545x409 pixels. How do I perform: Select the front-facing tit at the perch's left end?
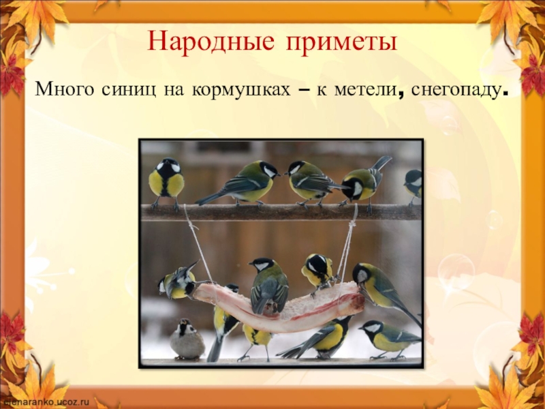pos(166,181)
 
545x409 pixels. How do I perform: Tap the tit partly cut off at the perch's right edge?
pos(414,184)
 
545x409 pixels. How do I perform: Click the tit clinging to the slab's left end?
pos(178,282)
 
